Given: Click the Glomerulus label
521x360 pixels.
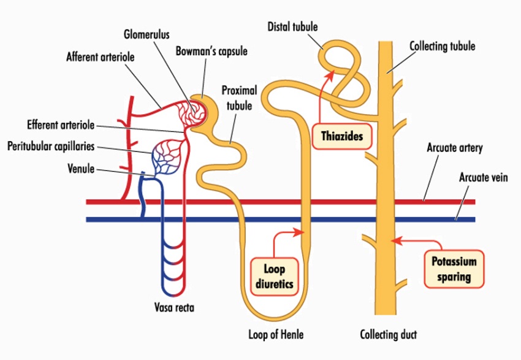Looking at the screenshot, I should (146, 34).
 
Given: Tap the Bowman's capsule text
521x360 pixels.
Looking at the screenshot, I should (211, 52).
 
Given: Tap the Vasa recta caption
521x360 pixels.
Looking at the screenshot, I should (175, 307).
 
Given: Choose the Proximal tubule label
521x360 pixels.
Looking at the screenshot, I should (239, 98).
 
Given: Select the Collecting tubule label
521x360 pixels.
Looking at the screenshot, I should (442, 46).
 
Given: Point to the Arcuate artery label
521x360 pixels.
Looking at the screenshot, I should (454, 148).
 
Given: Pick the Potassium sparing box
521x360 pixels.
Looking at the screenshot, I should (454, 269).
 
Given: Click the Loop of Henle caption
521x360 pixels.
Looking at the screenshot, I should (276, 334).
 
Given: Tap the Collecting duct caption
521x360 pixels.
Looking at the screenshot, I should (389, 334).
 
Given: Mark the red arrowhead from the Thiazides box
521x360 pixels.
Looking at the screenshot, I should (329, 74).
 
